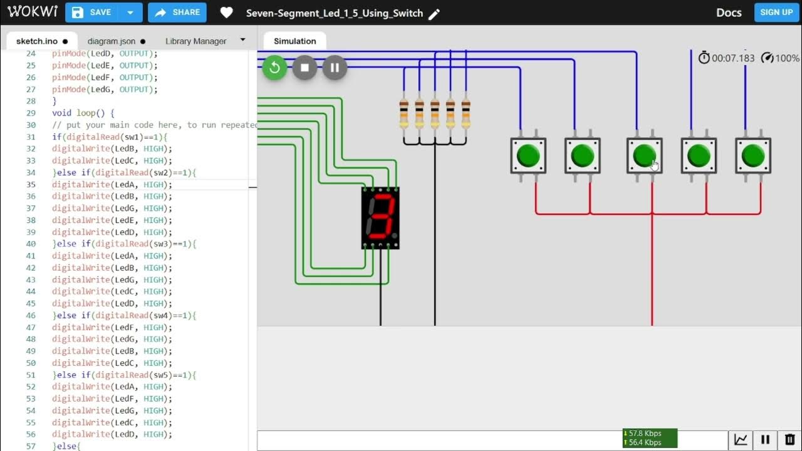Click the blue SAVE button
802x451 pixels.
(92, 13)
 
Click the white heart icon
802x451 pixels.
(227, 13)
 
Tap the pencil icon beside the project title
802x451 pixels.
(434, 14)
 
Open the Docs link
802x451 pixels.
(729, 13)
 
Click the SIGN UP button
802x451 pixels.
(776, 13)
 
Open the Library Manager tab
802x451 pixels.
(195, 41)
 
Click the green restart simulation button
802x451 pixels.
(274, 68)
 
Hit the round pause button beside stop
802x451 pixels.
(335, 68)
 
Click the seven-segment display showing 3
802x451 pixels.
(380, 218)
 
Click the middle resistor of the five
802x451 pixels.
(435, 113)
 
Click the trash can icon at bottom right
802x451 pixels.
(789, 440)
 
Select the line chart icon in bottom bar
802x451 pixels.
(741, 440)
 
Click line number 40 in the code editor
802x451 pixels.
(31, 244)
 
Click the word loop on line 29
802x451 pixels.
(86, 113)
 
